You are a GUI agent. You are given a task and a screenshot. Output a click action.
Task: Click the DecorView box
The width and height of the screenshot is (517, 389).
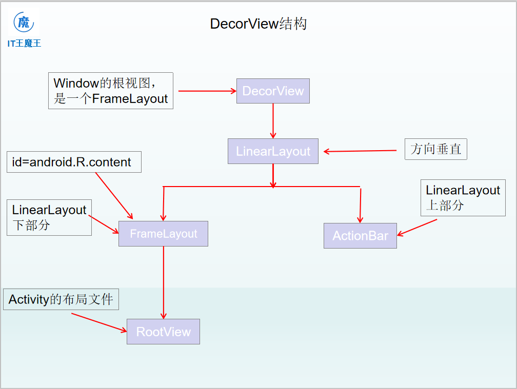coord(273,91)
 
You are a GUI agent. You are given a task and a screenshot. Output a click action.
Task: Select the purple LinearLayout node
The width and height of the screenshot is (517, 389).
coord(273,151)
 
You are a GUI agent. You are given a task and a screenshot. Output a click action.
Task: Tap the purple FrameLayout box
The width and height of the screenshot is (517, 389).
coord(163,234)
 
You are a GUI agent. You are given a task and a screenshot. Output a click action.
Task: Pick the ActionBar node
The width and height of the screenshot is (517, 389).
coord(360,236)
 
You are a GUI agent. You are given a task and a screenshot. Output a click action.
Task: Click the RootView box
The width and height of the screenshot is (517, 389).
coord(163,332)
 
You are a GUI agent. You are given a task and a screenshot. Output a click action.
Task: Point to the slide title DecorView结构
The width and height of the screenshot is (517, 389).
coord(258,24)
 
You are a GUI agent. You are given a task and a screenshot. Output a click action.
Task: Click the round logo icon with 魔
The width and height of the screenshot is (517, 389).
coord(24,23)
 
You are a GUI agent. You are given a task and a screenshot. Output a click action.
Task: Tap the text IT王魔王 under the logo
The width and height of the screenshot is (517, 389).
coord(24,44)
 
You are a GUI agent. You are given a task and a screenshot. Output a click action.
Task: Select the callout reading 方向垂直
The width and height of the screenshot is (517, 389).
coord(435,149)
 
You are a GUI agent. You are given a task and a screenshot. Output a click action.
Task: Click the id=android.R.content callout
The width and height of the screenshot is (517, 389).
coord(74,162)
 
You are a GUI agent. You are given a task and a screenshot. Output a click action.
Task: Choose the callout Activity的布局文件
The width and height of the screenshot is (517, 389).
coord(61,299)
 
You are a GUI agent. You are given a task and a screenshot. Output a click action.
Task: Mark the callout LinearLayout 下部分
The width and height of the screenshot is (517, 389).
coord(49,217)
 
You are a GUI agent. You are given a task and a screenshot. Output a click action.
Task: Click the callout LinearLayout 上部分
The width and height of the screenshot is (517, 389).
coord(463,197)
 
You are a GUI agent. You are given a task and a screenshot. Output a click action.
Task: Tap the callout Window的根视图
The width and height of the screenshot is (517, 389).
coord(111,90)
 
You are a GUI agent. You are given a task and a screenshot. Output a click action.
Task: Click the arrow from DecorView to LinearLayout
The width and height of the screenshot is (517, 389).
coord(273,120)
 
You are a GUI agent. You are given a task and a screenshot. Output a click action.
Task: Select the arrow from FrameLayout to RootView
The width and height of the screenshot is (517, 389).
coord(164,282)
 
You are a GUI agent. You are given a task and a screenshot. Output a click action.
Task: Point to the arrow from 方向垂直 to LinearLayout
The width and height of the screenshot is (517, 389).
coord(360,151)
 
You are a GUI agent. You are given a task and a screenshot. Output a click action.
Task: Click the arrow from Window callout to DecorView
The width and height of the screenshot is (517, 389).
coord(205,91)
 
